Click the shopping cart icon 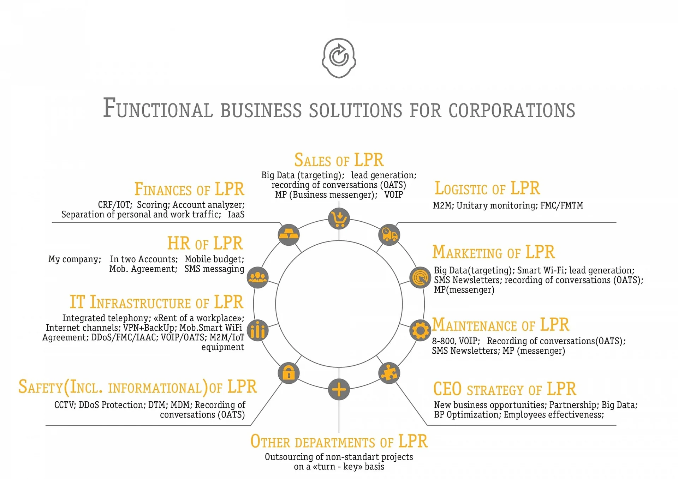click(x=339, y=218)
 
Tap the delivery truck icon click(x=389, y=235)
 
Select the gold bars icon click(x=289, y=235)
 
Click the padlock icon click(x=289, y=373)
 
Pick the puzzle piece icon click(x=389, y=373)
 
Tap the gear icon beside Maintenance click(x=420, y=330)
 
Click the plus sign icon click(x=339, y=389)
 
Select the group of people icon click(x=258, y=277)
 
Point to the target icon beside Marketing click(x=420, y=277)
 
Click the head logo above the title click(x=339, y=58)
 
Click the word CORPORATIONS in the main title click(x=512, y=110)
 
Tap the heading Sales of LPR click(x=339, y=160)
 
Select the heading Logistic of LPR click(x=487, y=188)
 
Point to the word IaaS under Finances click(x=236, y=214)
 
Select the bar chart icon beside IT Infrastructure click(x=258, y=330)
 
